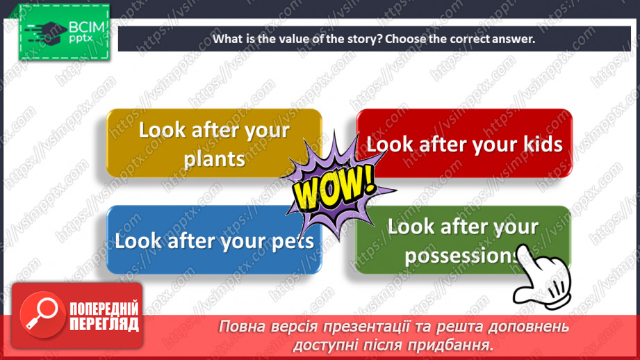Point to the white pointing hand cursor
[541, 277]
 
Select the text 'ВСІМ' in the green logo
[87, 27]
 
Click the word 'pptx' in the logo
[81, 39]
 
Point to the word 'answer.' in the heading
[514, 39]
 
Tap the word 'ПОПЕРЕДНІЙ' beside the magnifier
[104, 309]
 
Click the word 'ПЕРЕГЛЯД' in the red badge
[104, 324]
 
